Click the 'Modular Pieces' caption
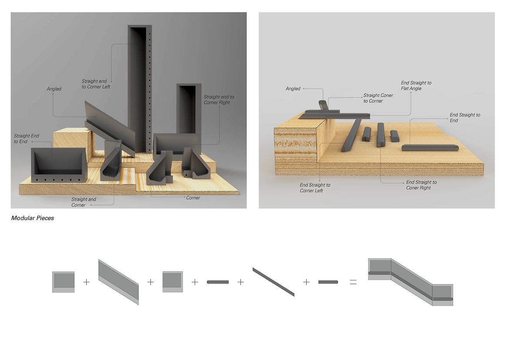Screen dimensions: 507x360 point(33,218)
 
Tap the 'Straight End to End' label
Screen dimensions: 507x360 point(27,139)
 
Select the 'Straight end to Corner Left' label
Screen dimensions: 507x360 point(96,84)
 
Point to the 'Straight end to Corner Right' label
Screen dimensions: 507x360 point(219,100)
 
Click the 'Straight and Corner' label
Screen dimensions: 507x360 point(84,202)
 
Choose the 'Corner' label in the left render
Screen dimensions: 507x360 point(193,198)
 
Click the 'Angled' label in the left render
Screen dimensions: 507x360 point(54,89)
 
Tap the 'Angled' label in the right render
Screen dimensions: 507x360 point(293,88)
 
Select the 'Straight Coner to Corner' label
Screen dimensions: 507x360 point(378,98)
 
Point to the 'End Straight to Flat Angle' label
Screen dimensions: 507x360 point(416,86)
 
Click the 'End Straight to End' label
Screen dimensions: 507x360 point(465,118)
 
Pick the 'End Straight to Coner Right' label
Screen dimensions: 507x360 point(421,185)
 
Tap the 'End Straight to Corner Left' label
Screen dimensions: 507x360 point(315,188)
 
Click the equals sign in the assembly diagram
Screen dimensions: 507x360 point(353,282)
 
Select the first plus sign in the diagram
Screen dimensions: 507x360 point(86,282)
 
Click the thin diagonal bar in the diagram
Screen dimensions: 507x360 point(274,282)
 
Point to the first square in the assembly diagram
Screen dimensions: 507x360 point(64,282)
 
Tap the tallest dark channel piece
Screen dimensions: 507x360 point(140,89)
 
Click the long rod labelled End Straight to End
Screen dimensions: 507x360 point(430,148)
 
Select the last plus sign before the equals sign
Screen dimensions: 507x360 point(306,282)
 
